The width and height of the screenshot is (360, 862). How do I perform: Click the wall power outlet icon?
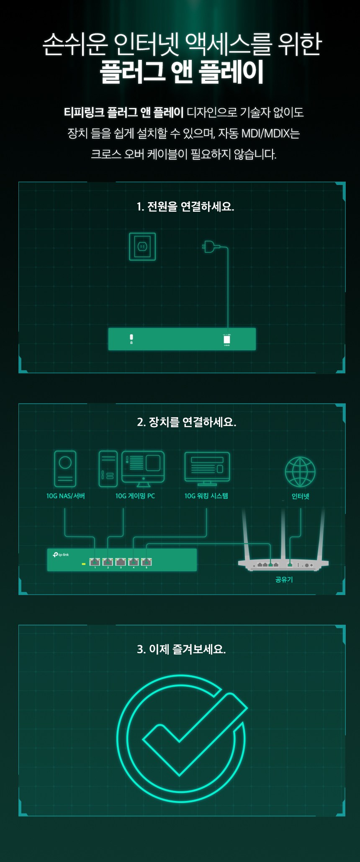(x=142, y=246)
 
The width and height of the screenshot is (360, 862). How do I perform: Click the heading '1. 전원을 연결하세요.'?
(x=185, y=207)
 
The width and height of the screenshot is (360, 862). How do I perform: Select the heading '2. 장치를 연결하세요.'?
(x=186, y=422)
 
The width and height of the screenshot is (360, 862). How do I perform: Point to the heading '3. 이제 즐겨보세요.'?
(x=181, y=649)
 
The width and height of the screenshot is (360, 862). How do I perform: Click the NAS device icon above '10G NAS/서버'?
(x=65, y=469)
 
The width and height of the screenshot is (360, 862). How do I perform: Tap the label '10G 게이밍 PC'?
(x=135, y=496)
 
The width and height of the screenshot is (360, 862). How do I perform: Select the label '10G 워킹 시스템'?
(x=206, y=496)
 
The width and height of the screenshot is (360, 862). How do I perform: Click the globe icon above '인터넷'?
(x=300, y=472)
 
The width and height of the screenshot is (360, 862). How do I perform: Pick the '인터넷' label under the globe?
(x=300, y=496)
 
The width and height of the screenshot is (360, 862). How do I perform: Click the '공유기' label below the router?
(x=284, y=580)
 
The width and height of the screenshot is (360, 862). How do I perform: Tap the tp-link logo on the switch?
(x=61, y=555)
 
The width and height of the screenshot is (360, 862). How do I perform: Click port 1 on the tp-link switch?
(x=95, y=562)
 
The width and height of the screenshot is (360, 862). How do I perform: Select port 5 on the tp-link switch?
(x=147, y=562)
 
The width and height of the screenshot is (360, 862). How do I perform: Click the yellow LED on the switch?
(x=84, y=564)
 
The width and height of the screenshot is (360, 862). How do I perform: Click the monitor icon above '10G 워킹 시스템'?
(x=207, y=468)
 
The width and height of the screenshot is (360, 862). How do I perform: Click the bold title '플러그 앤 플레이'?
(x=181, y=72)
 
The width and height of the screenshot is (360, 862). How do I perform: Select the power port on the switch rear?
(x=227, y=339)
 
